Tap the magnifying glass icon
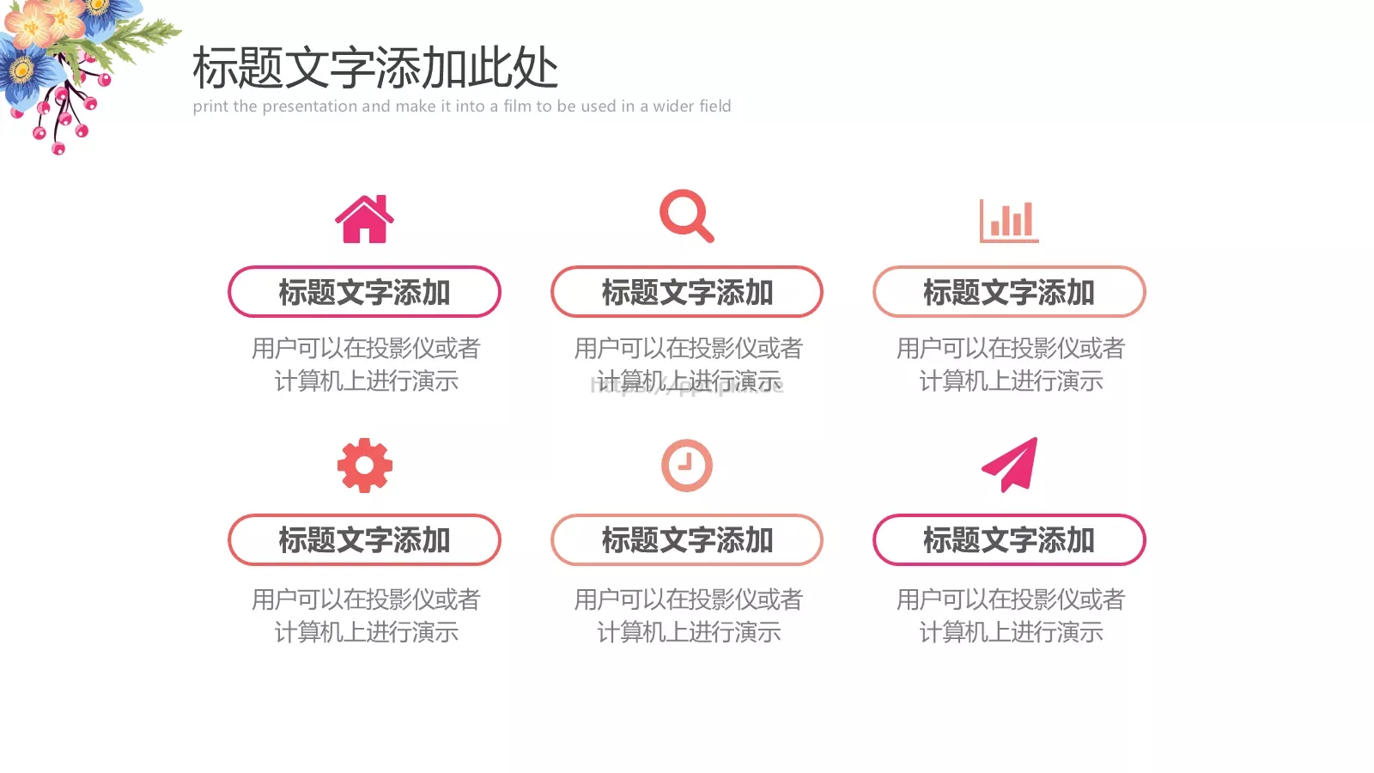coord(685,216)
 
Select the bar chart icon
coord(1009,221)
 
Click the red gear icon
coord(365,466)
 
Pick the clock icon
coord(687,466)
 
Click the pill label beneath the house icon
coord(364,292)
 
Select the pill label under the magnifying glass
coord(687,292)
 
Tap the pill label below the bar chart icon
coord(1009,292)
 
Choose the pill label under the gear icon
coord(364,540)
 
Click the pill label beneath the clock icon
coord(687,540)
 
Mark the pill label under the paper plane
coord(1009,540)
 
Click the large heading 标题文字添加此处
coord(375,69)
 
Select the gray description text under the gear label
coord(366,615)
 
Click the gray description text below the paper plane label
coord(1011,615)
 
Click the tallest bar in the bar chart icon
coord(1028,220)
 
